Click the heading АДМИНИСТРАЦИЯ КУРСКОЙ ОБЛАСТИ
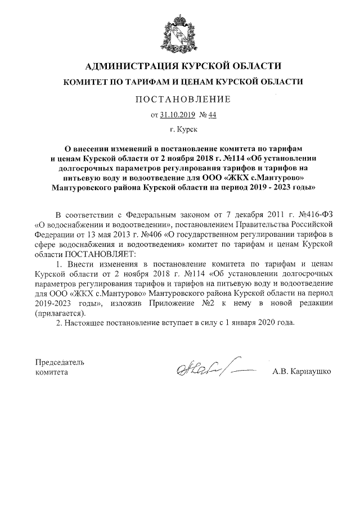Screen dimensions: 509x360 coord(179,66)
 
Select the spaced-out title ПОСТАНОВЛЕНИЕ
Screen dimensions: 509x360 coord(179,100)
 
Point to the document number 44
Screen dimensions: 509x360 coord(212,116)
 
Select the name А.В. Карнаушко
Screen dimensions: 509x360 coord(300,372)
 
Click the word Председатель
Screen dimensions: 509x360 coord(60,362)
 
